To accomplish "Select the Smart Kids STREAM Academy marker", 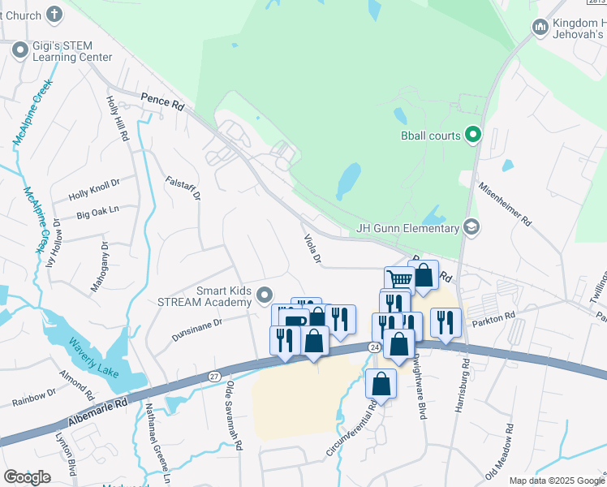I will pyautogui.click(x=264, y=295).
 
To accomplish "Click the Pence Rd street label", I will pyautogui.click(x=161, y=102).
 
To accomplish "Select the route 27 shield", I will pyautogui.click(x=214, y=376).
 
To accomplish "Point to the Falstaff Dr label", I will pyautogui.click(x=183, y=187).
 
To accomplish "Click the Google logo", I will pyautogui.click(x=27, y=477).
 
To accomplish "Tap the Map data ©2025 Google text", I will pyautogui.click(x=557, y=481).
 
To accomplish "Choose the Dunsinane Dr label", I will pyautogui.click(x=197, y=329).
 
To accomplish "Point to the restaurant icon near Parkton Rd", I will pyautogui.click(x=446, y=323).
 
